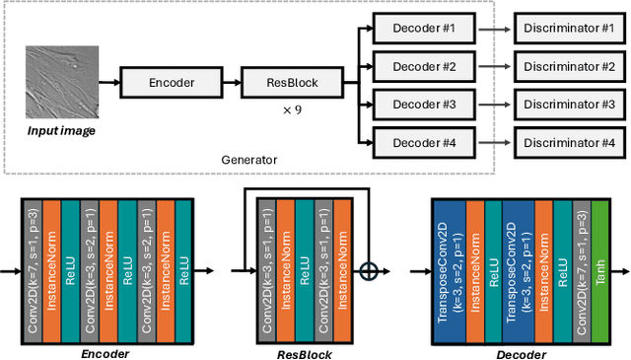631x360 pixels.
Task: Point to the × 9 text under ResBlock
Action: tap(292, 109)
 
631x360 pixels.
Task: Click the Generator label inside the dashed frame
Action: tap(248, 158)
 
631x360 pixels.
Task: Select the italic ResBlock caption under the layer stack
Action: tap(304, 352)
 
